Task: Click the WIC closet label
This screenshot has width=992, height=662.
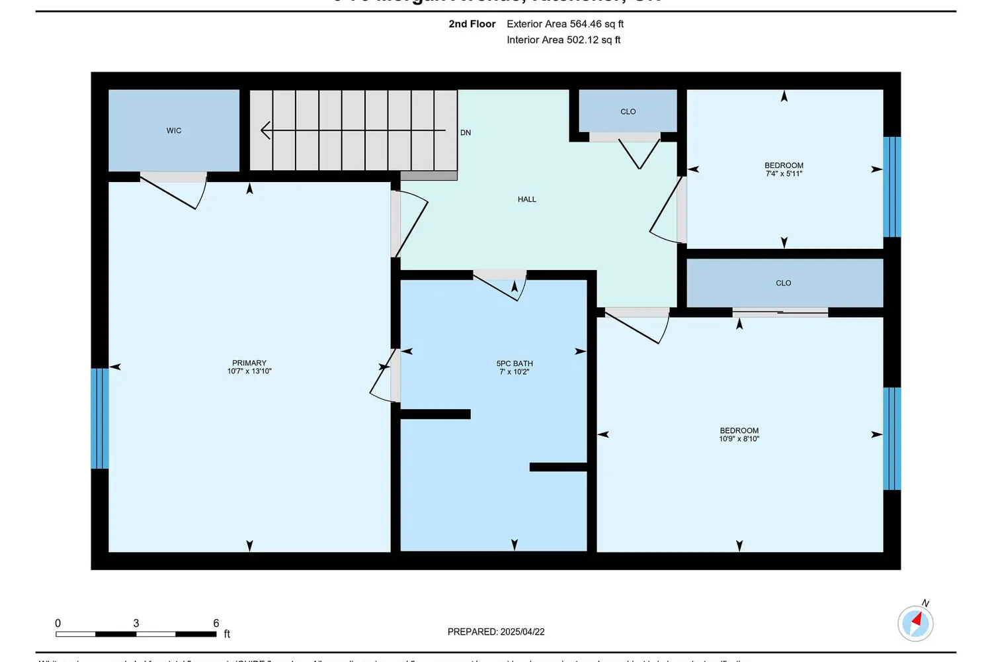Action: [x=174, y=131]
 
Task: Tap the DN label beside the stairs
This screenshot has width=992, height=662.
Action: [x=466, y=133]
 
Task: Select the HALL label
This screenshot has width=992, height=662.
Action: [x=526, y=199]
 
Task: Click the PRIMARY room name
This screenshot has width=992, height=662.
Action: [x=249, y=363]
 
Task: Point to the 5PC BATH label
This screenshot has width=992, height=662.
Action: [x=515, y=363]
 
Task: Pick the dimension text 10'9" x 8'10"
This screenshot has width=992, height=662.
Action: [x=739, y=439]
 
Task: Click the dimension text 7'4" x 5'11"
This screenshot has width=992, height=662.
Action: [x=784, y=174]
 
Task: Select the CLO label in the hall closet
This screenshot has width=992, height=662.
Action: [x=628, y=112]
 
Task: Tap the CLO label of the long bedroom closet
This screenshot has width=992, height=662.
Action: [x=783, y=283]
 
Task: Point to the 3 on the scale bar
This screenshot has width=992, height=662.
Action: [x=136, y=623]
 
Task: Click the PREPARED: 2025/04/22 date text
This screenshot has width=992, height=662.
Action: [x=496, y=632]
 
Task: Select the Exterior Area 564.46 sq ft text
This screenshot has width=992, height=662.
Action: [x=565, y=24]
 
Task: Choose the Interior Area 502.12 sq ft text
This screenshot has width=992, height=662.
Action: [x=563, y=40]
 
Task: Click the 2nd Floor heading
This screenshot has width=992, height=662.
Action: [x=472, y=24]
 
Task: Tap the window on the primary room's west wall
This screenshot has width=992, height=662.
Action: [x=99, y=418]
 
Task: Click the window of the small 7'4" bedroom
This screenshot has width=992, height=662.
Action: [x=892, y=187]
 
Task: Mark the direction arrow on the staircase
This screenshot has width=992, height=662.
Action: [x=267, y=130]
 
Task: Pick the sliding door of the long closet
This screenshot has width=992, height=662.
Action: [x=780, y=312]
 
